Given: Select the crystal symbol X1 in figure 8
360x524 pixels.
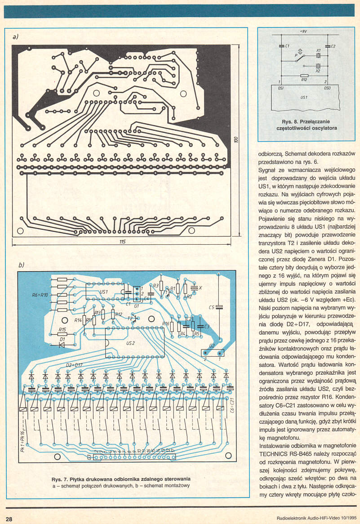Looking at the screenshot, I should pos(318,55).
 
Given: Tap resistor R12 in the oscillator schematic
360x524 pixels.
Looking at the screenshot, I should pos(304,76).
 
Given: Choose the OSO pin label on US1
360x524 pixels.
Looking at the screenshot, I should pos(327,88).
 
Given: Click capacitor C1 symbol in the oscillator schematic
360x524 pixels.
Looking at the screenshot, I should pos(281,46).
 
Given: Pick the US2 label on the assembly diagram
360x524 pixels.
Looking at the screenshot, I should pos(131,343).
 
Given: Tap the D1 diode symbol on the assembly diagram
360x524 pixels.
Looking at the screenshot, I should pos(62,345).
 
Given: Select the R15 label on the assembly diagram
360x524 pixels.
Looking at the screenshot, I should pos(62,330).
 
